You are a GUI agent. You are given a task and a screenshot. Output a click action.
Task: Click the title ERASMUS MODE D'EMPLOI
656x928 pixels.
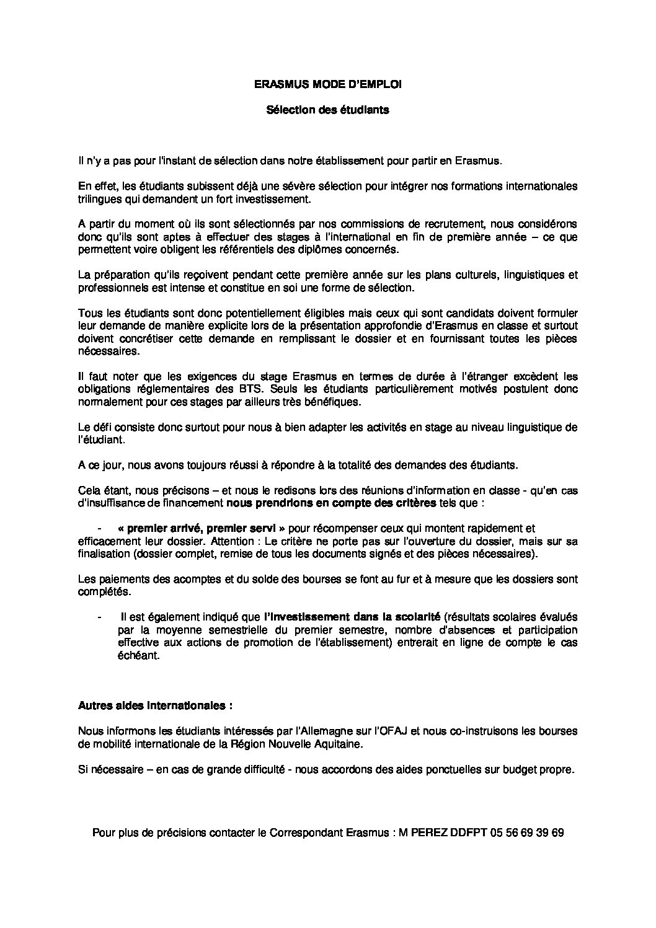(x=328, y=86)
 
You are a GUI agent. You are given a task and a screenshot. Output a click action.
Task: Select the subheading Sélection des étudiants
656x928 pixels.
(x=327, y=110)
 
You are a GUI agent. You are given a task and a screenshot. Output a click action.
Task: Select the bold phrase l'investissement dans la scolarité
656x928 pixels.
(x=352, y=617)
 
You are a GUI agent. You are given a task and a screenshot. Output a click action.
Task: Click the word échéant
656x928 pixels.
(x=138, y=655)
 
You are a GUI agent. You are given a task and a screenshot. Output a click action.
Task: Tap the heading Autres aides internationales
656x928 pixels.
(x=156, y=705)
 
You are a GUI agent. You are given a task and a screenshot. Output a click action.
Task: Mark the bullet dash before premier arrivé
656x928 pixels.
(x=99, y=528)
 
